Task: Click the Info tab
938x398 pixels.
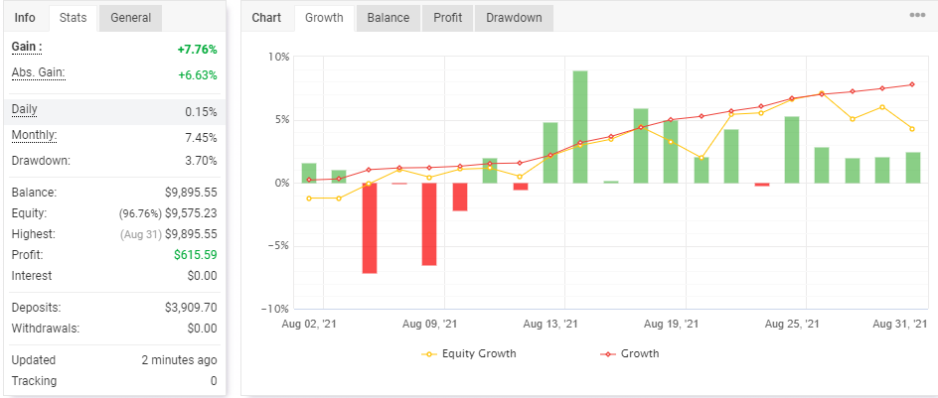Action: [x=25, y=18]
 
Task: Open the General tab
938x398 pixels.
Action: [x=130, y=18]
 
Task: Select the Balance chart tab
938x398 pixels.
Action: [x=389, y=18]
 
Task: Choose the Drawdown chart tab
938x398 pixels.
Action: [x=514, y=18]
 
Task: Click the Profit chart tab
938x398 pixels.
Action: [x=447, y=18]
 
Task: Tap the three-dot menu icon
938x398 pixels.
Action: [x=917, y=16]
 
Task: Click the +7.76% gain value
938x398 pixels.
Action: [x=197, y=50]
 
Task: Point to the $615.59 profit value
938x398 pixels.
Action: [x=195, y=255]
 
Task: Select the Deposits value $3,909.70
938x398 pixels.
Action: [x=191, y=308]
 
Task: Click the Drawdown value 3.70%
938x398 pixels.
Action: [x=201, y=161]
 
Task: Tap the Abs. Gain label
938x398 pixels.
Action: [x=39, y=72]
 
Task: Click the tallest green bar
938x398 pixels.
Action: [x=579, y=127]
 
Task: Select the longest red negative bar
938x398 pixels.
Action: [x=369, y=227]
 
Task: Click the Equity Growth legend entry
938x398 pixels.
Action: [x=468, y=353]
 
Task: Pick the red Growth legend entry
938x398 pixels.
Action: [x=629, y=353]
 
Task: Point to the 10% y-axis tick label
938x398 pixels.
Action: [x=278, y=58]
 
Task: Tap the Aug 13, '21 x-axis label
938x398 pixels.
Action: [x=550, y=324]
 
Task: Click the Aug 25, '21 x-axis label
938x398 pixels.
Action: [x=792, y=324]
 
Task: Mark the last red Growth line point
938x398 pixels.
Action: [x=912, y=84]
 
